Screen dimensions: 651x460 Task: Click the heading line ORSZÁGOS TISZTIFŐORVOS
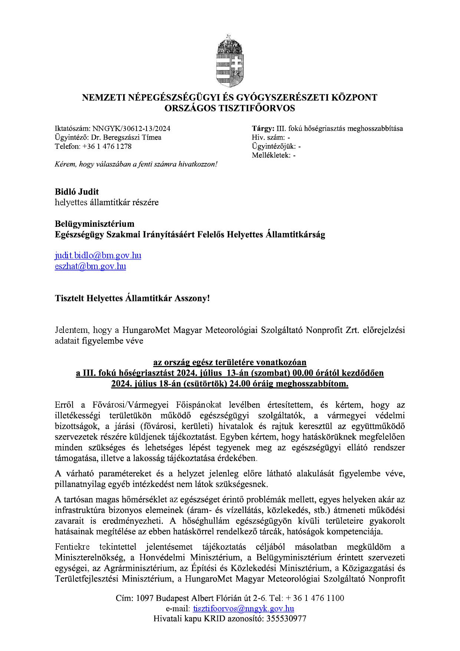(x=230, y=108)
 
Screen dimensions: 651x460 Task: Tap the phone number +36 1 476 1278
(x=107, y=146)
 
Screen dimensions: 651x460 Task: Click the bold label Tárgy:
(x=263, y=128)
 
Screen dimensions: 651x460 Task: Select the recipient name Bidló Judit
(x=77, y=192)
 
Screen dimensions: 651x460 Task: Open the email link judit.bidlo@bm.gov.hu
(x=98, y=255)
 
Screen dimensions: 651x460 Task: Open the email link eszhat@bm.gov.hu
(x=91, y=266)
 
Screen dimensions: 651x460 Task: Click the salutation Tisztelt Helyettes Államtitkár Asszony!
(x=132, y=298)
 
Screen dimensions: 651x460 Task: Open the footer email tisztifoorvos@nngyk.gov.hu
(x=244, y=608)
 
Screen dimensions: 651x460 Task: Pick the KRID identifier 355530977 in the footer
(x=286, y=619)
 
